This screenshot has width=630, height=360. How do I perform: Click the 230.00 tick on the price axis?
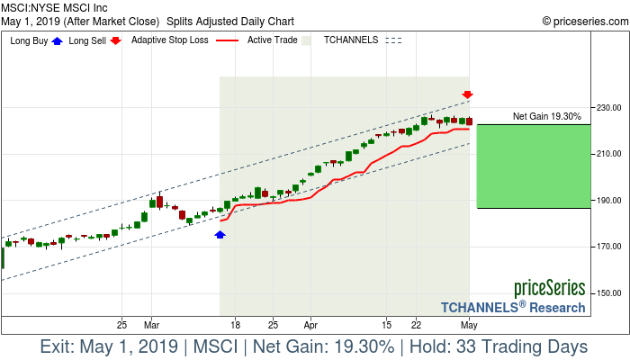(609, 108)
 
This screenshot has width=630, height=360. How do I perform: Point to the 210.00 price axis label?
(609, 154)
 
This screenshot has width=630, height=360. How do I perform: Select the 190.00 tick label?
(609, 201)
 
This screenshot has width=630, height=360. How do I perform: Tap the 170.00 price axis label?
(609, 247)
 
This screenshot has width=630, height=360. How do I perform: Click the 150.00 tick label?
(609, 293)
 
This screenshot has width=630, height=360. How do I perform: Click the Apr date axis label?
(311, 324)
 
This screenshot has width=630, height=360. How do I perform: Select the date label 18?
(235, 324)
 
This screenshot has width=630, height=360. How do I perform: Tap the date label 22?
(417, 324)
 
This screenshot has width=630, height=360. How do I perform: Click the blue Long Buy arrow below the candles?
(220, 234)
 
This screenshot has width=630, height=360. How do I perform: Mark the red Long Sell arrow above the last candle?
(468, 94)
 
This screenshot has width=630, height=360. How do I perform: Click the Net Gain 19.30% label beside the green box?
(546, 116)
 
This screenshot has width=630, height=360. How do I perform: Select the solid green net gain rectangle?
(534, 166)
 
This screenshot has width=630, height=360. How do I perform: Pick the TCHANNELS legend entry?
(351, 40)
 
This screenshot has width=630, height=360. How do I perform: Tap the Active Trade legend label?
(273, 40)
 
